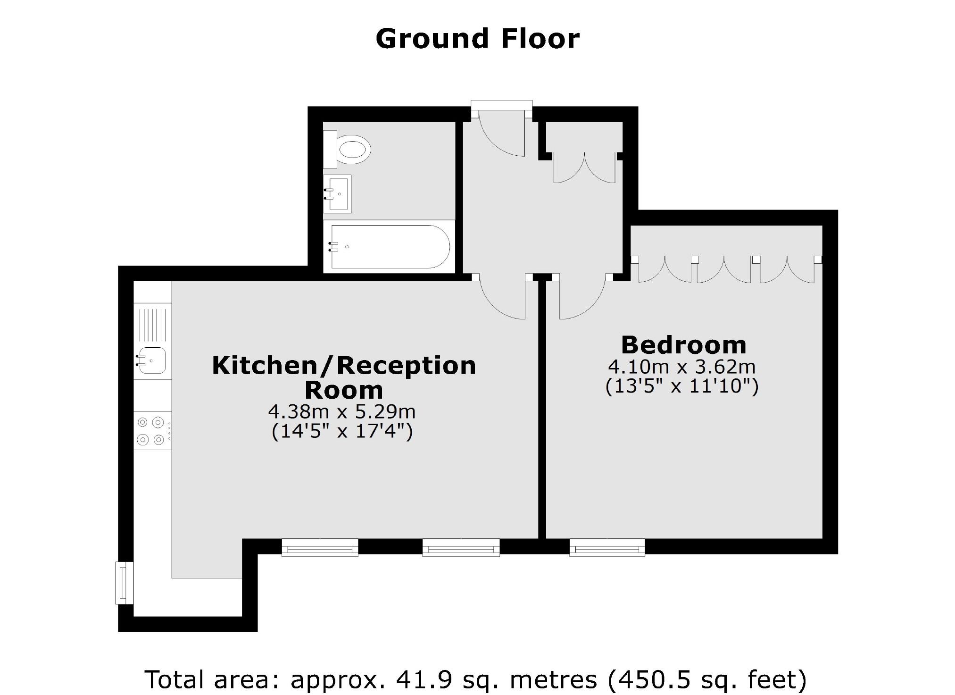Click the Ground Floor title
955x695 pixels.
click(477, 39)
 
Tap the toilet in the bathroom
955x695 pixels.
click(351, 150)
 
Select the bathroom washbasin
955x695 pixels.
click(338, 194)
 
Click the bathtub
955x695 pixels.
click(390, 246)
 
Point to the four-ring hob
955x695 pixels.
click(152, 431)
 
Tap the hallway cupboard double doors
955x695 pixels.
click(584, 169)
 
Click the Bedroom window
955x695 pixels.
click(607, 548)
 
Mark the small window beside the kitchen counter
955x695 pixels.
click(125, 583)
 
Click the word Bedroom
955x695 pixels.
click(683, 345)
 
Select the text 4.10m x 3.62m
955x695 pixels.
click(681, 366)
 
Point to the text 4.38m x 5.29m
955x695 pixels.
click(341, 411)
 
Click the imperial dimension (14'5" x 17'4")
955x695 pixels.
click(341, 431)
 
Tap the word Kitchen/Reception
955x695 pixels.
click(344, 366)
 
